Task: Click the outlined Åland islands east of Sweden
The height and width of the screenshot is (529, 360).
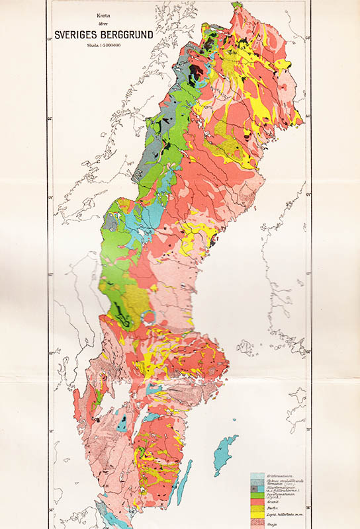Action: (x=246, y=346)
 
